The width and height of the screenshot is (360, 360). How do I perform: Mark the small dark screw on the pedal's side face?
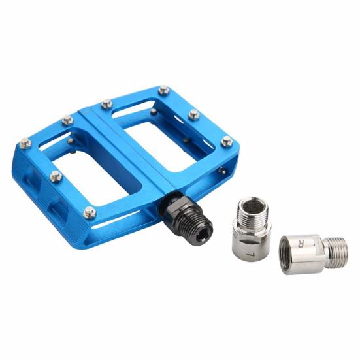(223, 171)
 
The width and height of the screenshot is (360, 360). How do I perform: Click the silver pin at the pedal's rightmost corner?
(226, 141)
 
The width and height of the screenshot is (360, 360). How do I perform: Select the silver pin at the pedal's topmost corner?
(163, 90)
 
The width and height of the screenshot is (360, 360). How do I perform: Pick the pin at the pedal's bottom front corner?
(89, 212)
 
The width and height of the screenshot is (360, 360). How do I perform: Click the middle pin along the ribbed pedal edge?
(56, 176)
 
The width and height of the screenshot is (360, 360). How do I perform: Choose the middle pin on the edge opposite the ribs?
(193, 115)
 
